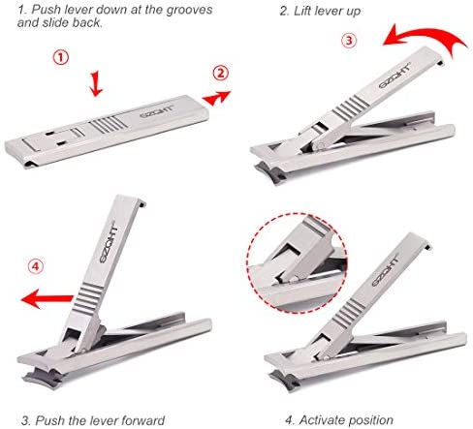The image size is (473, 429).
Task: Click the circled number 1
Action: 61,57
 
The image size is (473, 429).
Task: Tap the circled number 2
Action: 220,74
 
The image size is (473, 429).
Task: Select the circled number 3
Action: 349,41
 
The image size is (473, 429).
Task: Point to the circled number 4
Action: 36,266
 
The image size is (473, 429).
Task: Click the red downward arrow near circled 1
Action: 96,84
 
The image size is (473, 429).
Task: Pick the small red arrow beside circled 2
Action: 216,98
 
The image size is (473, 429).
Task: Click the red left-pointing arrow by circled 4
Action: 47,299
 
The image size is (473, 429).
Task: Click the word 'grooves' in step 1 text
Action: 189,10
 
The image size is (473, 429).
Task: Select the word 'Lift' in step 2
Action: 301,11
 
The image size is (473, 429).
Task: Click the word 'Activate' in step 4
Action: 321,420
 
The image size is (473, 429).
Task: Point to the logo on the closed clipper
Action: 157,112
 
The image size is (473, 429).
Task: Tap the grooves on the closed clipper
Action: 107,125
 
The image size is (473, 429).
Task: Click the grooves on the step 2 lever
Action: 350,107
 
